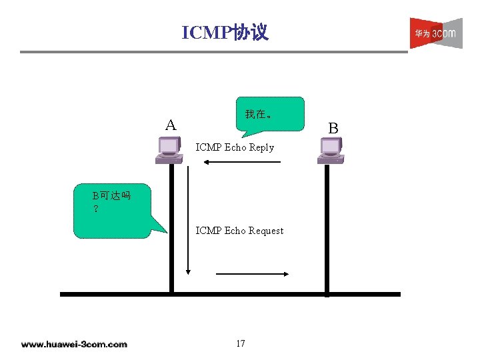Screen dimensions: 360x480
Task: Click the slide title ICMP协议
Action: [x=225, y=32]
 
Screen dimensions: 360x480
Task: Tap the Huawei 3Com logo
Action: [x=435, y=33]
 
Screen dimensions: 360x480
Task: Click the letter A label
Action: [x=171, y=125]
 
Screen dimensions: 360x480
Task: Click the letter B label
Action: [x=333, y=128]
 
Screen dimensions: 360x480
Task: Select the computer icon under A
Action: [x=169, y=150]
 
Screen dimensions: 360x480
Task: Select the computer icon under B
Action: [x=331, y=150]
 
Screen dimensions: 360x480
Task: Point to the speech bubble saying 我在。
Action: [x=270, y=115]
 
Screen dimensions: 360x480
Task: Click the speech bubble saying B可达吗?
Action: [x=112, y=210]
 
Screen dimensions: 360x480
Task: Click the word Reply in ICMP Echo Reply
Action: [x=261, y=147]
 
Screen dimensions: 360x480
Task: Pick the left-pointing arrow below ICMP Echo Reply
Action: [x=242, y=162]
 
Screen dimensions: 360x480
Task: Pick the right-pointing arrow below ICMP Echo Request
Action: [x=251, y=273]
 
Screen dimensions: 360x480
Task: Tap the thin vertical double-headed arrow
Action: [x=188, y=220]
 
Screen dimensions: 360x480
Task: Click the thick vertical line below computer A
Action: [x=171, y=227]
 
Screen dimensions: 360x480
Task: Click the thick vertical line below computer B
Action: [x=327, y=227]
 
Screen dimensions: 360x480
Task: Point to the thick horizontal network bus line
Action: [x=230, y=293]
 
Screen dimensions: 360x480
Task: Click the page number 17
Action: [x=240, y=343]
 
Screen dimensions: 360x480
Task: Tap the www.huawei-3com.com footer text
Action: [x=73, y=344]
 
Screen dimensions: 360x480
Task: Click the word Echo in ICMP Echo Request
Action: [x=235, y=231]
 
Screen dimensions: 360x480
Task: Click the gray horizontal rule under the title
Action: [x=213, y=51]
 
